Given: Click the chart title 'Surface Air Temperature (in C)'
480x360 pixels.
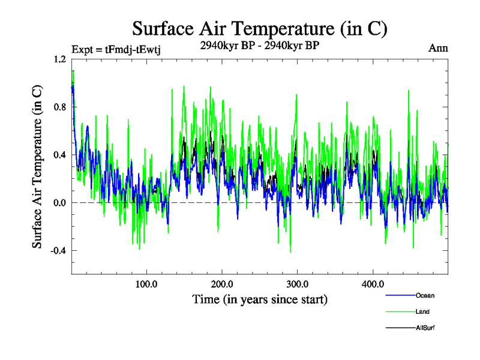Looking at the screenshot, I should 259,28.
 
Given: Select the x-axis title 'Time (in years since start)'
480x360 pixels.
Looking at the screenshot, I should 260,299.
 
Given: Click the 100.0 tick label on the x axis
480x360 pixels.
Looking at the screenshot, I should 146,284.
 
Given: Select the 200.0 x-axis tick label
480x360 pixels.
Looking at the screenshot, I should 222,284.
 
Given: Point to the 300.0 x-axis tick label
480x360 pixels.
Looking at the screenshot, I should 298,284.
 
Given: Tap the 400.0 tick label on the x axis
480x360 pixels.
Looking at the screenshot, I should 373,284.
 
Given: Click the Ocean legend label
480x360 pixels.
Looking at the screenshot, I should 425,295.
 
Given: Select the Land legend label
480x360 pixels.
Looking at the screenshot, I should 422,311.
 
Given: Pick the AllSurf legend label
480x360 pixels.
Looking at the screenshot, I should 425,328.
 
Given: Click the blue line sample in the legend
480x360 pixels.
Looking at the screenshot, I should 400,296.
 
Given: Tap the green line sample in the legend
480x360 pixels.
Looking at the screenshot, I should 400,312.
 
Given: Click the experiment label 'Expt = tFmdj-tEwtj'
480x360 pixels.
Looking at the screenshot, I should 115,50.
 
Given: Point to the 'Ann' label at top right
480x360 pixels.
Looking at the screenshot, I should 439,48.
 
